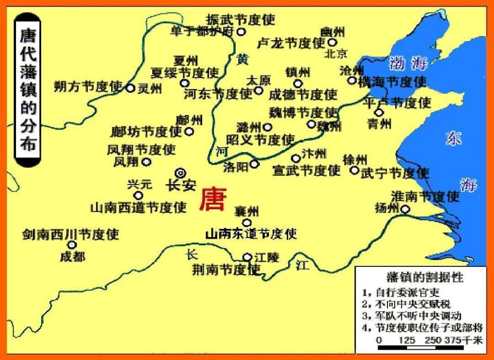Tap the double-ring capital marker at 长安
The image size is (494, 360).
pos(180,173)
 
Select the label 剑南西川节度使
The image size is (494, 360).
pos(70,235)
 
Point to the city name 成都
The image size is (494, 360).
pos(73,256)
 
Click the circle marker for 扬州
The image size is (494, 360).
pos(405,209)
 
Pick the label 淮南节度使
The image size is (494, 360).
pos(425,196)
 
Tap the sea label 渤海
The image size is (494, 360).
pos(408,64)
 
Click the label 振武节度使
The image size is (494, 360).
pos(241,20)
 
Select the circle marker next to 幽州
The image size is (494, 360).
pos(332,42)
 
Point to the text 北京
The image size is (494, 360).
pos(337,53)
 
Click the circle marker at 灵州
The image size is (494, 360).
pos(131,88)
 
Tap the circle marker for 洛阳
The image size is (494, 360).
pos(254,165)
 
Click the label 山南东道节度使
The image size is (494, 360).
pos(251,234)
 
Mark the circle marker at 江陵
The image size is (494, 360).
pos(248,257)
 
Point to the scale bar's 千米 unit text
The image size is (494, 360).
pos(473,340)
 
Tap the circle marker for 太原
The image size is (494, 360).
pos(258,91)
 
